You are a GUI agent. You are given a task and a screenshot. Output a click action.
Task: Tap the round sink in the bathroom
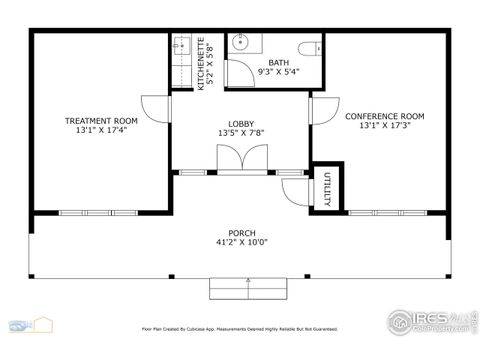pos(240,42)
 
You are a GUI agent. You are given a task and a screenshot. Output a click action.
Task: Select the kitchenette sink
pos(180,45)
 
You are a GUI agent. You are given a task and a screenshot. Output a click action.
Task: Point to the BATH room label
pos(277,63)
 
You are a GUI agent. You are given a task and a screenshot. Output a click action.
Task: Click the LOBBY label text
pos(240,124)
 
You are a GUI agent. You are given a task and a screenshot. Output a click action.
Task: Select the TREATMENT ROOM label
pos(100,120)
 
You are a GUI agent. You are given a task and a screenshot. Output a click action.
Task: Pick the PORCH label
pos(241,232)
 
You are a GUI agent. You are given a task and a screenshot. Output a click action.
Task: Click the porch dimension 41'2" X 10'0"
pos(241,242)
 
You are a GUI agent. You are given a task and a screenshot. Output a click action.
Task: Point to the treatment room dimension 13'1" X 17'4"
pos(100,130)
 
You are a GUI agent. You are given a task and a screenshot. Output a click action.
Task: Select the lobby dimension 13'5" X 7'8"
pos(240,134)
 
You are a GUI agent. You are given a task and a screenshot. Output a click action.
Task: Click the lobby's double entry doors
pos(240,160)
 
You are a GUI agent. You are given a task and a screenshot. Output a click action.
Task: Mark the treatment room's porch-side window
pos(84,212)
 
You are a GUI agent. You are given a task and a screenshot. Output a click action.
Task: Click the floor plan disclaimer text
pos(240,328)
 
